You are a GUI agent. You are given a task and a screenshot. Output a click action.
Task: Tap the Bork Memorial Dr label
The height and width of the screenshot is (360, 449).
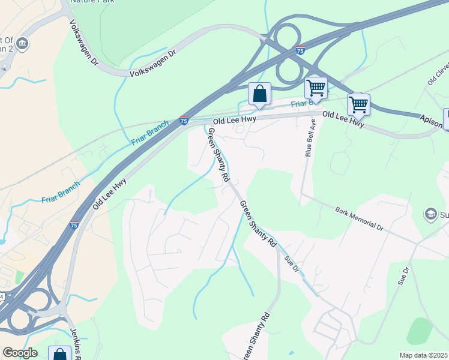coord(359,219)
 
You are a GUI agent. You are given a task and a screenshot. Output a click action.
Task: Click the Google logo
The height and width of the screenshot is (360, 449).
coord(20,353)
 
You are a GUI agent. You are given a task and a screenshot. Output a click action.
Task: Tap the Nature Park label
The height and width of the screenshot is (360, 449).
coord(92,2)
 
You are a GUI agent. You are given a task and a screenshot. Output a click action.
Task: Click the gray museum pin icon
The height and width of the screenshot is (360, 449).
coord(22,43)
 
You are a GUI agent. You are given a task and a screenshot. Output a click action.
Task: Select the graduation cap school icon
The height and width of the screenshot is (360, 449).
coord(430,214)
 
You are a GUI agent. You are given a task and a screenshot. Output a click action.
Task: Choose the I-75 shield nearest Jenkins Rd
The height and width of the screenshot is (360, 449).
coord(74,224)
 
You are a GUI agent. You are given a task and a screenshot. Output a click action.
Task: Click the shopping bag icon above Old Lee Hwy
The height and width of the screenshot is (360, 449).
coord(259,94)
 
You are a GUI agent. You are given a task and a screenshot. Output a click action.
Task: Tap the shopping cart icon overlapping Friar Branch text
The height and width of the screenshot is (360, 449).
coord(316,88)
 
